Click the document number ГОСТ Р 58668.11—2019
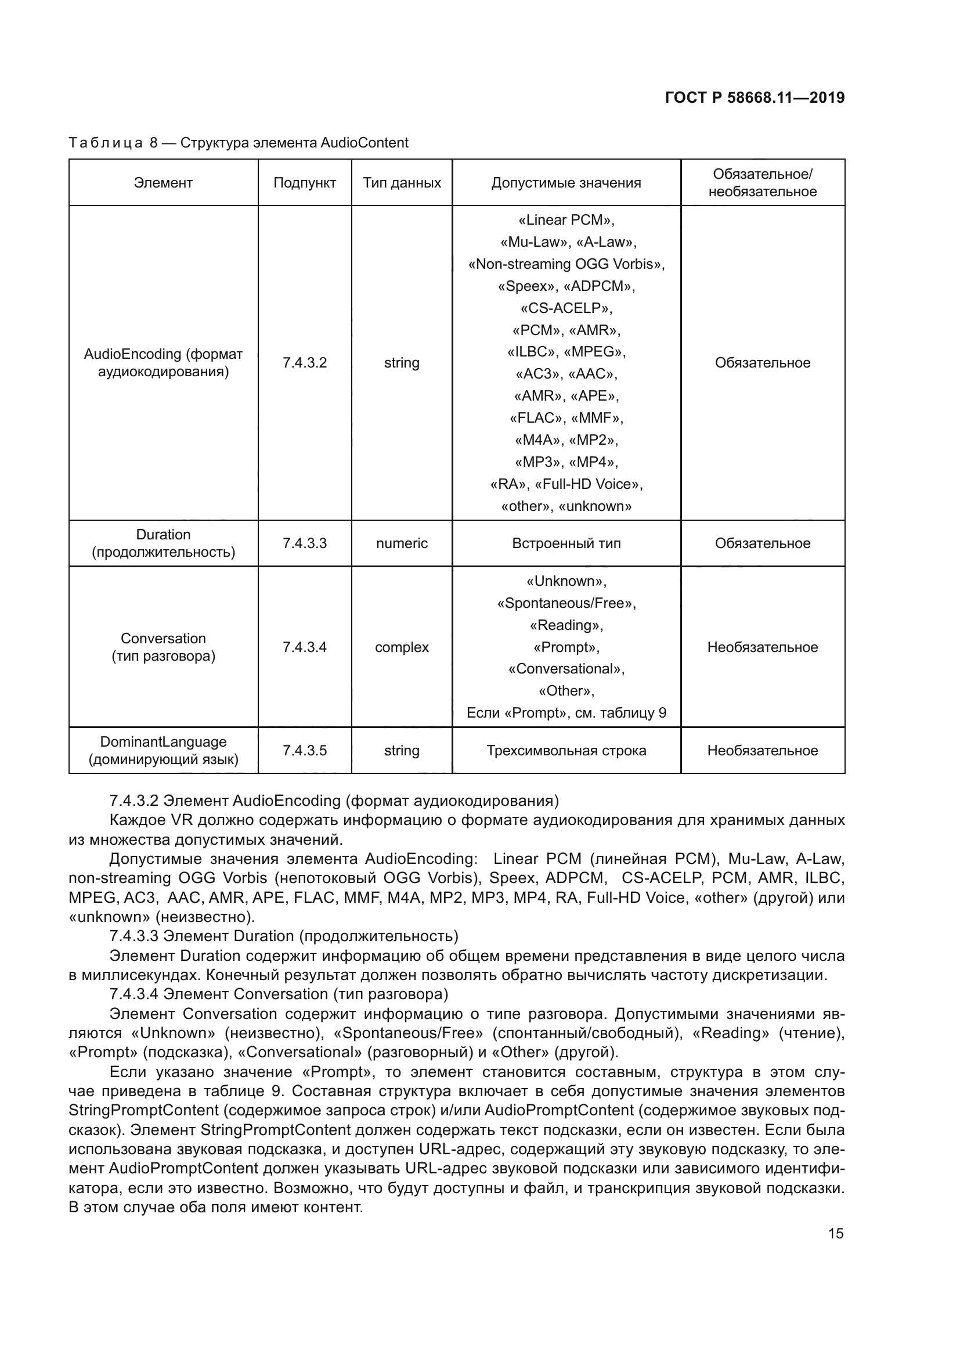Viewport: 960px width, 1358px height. click(755, 98)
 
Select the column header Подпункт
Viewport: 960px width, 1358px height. click(305, 183)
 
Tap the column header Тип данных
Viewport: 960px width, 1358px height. click(402, 183)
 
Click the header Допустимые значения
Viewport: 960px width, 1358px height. click(566, 183)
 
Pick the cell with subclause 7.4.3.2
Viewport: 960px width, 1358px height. click(305, 362)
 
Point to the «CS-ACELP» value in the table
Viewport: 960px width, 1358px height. click(566, 308)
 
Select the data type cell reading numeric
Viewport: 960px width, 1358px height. click(402, 543)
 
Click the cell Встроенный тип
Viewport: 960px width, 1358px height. click(566, 543)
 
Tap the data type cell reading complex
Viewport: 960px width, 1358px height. click(402, 647)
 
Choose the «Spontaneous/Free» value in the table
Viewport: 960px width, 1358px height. click(566, 603)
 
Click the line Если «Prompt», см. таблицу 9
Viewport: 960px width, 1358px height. click(566, 713)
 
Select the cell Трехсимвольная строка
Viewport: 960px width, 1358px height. click(566, 751)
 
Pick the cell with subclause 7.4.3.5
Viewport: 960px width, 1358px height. click(305, 751)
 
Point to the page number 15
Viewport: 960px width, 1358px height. click(835, 1234)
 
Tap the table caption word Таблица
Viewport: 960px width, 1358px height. click(105, 143)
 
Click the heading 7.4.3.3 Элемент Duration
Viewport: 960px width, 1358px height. click(284, 936)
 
